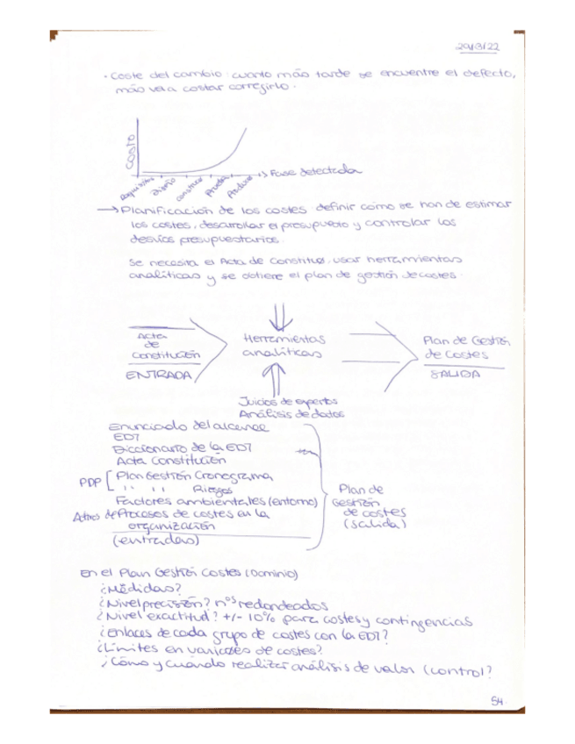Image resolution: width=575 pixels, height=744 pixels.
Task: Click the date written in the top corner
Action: pos(478,48)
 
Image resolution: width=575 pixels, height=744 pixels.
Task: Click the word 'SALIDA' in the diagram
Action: pos(456,374)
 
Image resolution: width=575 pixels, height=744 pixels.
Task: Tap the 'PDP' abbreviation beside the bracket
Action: pos(90,482)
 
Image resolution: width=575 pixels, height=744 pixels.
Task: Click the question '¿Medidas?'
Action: pos(140,590)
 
